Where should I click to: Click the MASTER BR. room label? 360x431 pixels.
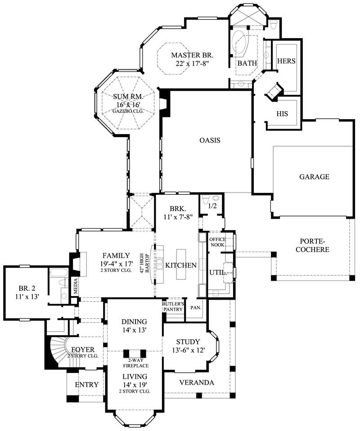[x=192, y=55]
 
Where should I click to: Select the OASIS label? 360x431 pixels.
[x=210, y=140]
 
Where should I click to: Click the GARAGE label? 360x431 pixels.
[x=314, y=177]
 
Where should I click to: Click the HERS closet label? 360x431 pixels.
[x=286, y=61]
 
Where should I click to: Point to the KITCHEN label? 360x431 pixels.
[x=181, y=265]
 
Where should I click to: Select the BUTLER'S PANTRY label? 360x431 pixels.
[x=173, y=306]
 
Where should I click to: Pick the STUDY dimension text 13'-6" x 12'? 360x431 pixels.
[x=188, y=350]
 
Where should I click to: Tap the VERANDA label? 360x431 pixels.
[x=197, y=382]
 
